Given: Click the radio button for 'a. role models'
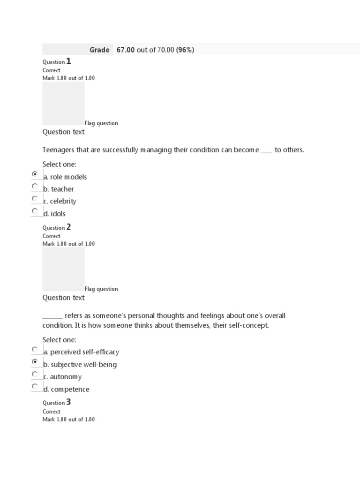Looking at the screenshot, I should tap(35, 174).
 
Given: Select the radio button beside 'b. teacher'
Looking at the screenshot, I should tap(35, 186).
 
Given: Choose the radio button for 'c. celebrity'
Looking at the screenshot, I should tap(35, 198).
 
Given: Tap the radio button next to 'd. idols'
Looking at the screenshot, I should tap(35, 211).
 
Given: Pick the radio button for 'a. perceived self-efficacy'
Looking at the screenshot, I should tap(35, 349).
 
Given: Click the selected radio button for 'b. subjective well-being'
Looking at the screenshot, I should tap(35, 362).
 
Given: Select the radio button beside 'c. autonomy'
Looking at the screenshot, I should tap(35, 374).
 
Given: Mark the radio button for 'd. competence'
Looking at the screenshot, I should tap(35, 386).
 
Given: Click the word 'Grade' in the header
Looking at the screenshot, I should tap(99, 50).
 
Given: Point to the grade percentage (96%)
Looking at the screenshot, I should tap(185, 50).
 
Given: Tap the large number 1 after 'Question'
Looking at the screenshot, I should tap(68, 61).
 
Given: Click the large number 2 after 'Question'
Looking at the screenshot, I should tap(68, 227).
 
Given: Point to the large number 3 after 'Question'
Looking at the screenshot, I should tap(68, 402).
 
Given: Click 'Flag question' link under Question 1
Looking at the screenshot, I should tap(101, 123).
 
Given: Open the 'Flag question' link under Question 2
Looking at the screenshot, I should tap(101, 289).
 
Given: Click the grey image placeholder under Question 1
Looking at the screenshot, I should tap(63, 103).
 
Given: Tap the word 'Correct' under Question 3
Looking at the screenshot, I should tap(52, 412).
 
